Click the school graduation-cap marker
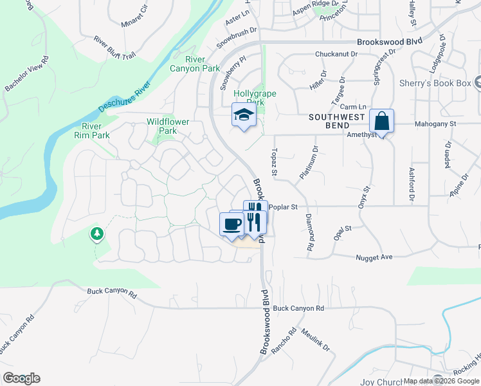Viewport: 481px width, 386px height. coord(244,116)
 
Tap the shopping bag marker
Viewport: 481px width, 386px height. coord(381,122)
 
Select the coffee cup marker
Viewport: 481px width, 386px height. coord(231,225)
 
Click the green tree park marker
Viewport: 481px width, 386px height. coord(97,234)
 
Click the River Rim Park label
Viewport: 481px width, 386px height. coord(91,131)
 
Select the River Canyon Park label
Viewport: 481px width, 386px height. coord(194,64)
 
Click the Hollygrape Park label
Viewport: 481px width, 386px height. coord(255,98)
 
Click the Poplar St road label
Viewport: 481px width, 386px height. coord(283,207)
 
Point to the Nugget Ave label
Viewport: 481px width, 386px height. coord(374,257)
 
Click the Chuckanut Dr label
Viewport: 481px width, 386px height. coord(336,55)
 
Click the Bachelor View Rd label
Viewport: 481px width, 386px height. coord(27,77)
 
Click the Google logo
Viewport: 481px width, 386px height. coord(21,378)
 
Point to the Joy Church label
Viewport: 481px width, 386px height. coord(381,381)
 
